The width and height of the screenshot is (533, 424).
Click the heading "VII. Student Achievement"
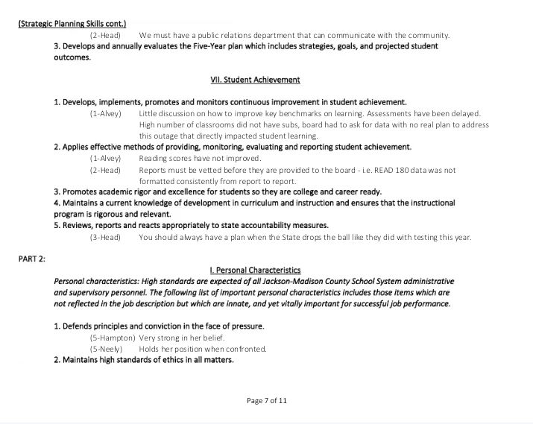tap(255, 80)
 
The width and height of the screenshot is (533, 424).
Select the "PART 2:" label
tap(32, 259)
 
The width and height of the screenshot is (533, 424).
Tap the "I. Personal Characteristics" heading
tap(255, 270)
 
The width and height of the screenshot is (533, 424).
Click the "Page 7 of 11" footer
tap(266, 400)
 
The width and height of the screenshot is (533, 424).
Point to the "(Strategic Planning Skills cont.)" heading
tap(72, 24)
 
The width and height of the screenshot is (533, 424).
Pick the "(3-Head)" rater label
tap(105, 237)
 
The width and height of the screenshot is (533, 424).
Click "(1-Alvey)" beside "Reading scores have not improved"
tap(105, 158)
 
